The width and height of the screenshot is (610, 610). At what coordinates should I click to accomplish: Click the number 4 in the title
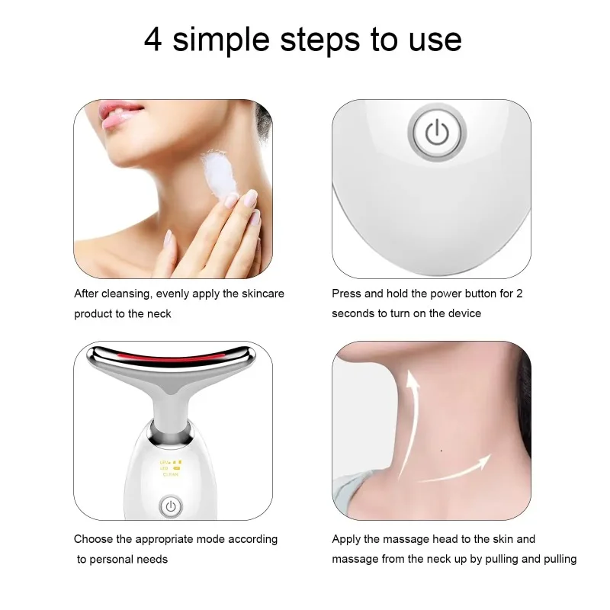pos(152,40)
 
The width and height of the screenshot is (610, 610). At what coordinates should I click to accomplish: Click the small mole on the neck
pos(442,450)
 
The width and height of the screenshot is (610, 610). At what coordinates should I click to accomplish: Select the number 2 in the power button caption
pos(519,294)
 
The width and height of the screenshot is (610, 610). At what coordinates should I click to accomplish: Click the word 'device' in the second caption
pos(464,313)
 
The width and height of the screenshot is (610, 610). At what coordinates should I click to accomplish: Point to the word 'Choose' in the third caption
pos(93,539)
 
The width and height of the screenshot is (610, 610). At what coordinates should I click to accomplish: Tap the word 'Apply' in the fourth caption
pos(346,539)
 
